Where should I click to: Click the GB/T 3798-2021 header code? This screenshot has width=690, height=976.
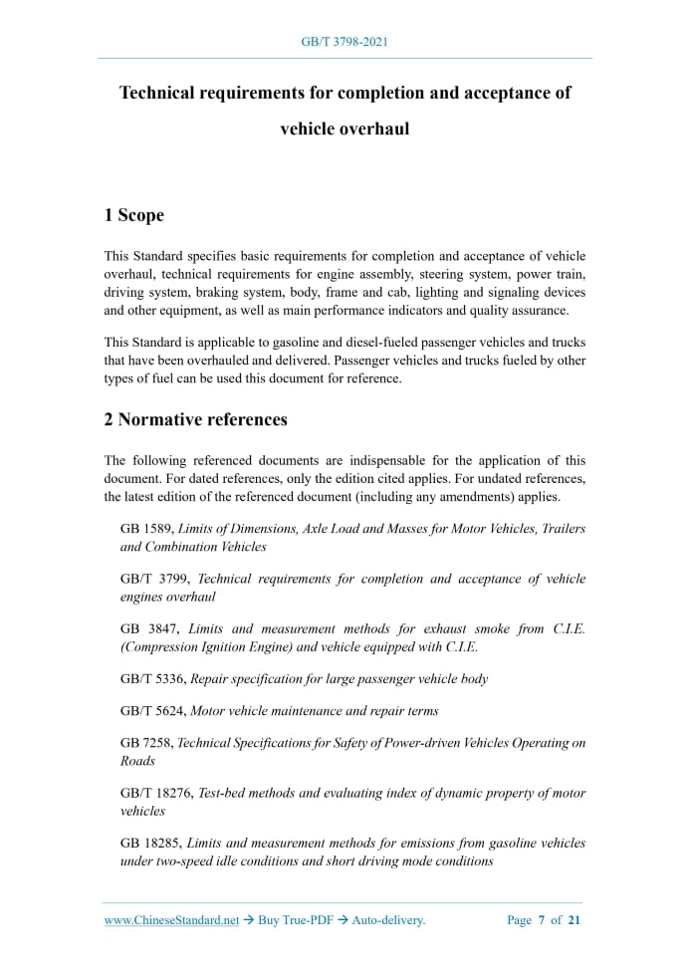(x=344, y=42)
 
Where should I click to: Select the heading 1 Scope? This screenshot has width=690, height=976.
(x=133, y=215)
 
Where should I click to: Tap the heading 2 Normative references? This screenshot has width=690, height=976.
(x=195, y=419)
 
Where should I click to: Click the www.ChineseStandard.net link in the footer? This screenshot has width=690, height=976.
(x=171, y=920)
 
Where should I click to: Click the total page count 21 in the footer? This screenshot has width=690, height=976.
(x=574, y=920)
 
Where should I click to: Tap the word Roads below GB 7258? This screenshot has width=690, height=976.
(x=137, y=761)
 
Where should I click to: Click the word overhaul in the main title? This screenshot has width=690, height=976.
(x=373, y=129)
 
